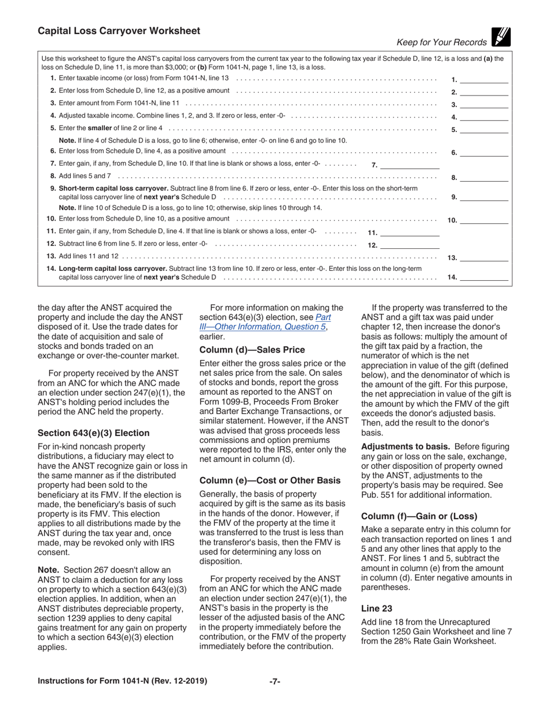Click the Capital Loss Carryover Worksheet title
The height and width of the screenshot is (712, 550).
[x=119, y=31]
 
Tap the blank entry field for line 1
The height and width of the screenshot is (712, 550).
[x=484, y=80]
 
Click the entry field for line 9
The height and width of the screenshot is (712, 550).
[x=484, y=197]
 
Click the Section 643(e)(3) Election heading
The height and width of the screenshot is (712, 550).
[x=93, y=433]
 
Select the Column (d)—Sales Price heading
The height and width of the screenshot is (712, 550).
[x=252, y=350]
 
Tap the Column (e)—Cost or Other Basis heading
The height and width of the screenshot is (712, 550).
[x=269, y=480]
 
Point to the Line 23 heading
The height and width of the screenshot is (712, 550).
[x=376, y=608]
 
